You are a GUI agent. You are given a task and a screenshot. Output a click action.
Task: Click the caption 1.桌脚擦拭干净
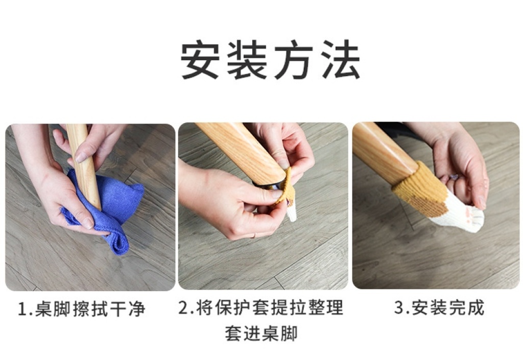tap(81, 309)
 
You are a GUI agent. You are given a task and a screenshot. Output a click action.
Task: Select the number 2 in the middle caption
tap(184, 307)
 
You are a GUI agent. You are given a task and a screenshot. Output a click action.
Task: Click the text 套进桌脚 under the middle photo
tap(261, 333)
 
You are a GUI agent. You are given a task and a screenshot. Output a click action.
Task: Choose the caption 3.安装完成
tap(439, 307)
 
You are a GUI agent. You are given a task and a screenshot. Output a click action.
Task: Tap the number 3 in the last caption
tap(399, 307)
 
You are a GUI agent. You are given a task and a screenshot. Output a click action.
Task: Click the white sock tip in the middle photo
tap(291, 213)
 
